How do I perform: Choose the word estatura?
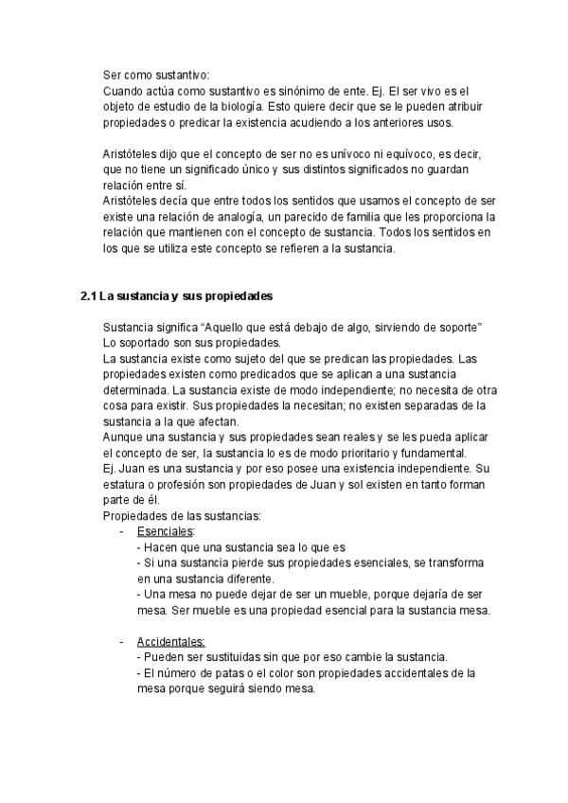[x=126, y=484]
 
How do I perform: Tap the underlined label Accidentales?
[x=171, y=642]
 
